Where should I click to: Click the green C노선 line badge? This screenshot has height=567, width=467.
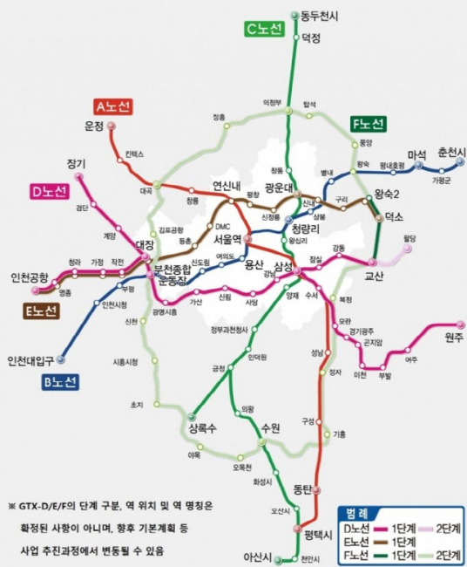click(x=264, y=29)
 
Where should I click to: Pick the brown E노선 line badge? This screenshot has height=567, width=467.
click(x=40, y=311)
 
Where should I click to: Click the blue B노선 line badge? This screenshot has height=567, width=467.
click(x=60, y=381)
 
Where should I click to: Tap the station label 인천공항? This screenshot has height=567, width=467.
click(x=30, y=277)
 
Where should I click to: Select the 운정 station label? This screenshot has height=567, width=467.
click(x=94, y=126)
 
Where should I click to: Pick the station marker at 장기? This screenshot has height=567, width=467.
click(x=80, y=177)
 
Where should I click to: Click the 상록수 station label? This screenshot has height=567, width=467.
click(x=200, y=428)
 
